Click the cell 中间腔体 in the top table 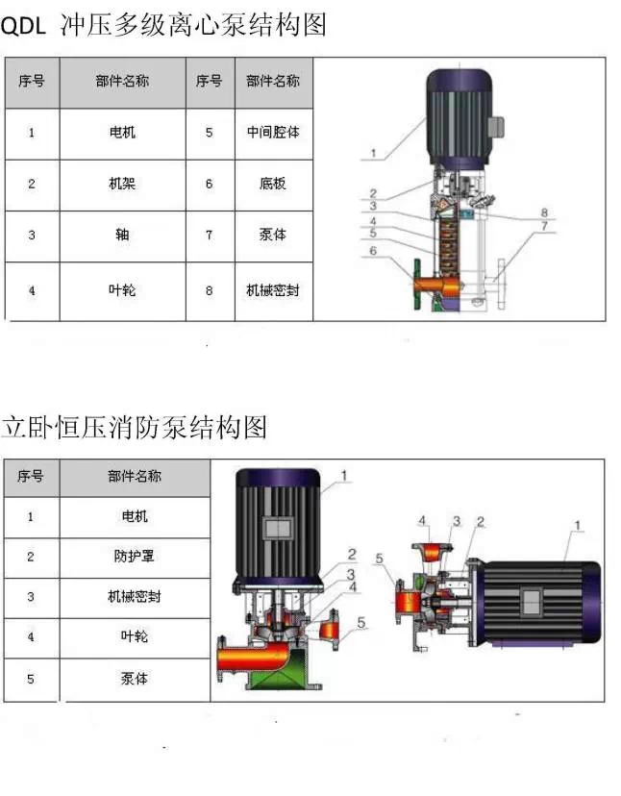point(273,133)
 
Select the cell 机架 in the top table point(122,185)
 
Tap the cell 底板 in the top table point(273,185)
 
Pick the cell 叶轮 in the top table point(122,291)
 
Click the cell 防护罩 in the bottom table point(135,557)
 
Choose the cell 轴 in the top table point(122,236)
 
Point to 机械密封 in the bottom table point(135,597)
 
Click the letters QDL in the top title point(23,25)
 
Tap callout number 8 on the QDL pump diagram point(544,212)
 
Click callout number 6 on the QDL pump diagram point(373,251)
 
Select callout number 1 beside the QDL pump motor point(374,153)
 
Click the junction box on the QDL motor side point(496,127)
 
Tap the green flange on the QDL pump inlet point(418,285)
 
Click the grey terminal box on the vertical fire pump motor point(278,529)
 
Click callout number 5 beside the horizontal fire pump point(380,559)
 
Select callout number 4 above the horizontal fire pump point(422,521)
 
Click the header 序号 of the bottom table point(31,477)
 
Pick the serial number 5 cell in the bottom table point(32,680)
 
